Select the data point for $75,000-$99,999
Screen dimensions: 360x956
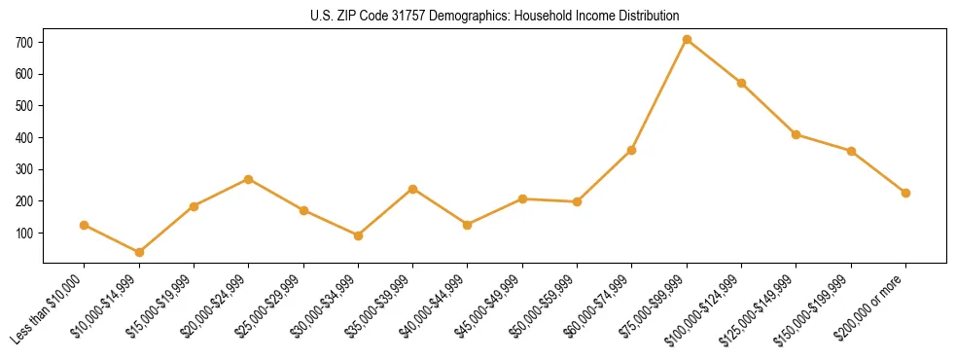687,39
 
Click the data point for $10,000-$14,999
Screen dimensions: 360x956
139,252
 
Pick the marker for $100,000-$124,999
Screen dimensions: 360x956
741,83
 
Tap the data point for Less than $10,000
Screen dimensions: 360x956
85,225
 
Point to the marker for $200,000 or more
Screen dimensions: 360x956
905,193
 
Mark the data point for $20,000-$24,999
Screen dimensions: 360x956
249,179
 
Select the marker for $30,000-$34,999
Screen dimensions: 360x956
358,235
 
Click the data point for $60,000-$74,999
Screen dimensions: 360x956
632,150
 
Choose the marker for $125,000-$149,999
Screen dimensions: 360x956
796,134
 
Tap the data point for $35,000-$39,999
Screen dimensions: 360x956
412,189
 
